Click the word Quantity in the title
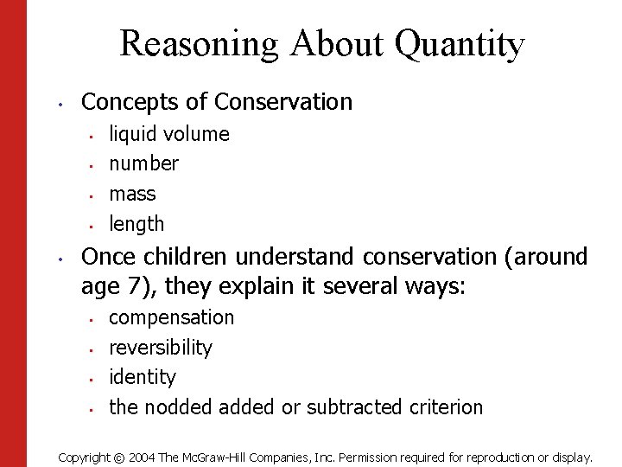(460, 43)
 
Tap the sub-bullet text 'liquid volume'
(169, 134)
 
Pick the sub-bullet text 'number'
(143, 163)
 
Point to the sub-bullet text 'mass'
(132, 194)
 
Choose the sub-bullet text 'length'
(136, 224)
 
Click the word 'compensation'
(171, 318)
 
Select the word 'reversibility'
(160, 348)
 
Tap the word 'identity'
(142, 377)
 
